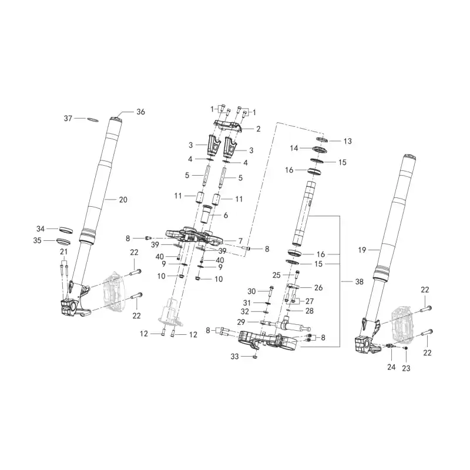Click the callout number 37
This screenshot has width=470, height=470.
point(68,119)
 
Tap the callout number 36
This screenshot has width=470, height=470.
point(140,112)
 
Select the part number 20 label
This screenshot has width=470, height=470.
point(123,200)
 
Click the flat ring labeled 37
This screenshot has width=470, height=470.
point(93,120)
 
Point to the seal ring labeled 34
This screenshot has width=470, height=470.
point(66,230)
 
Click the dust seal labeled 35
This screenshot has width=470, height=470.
point(63,241)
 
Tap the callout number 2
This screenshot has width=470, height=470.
point(258,129)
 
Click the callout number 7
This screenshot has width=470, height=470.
point(240,241)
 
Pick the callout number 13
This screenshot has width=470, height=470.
point(347,141)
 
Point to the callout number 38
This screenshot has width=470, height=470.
point(359,282)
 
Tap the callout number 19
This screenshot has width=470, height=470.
point(362,250)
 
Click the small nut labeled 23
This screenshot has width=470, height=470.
point(405,348)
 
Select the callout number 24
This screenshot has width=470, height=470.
point(391,367)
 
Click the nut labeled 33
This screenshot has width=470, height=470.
point(255,357)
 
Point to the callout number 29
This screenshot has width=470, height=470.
point(241,322)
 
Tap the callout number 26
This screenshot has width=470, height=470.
point(318,288)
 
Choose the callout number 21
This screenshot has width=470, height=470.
point(63,252)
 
